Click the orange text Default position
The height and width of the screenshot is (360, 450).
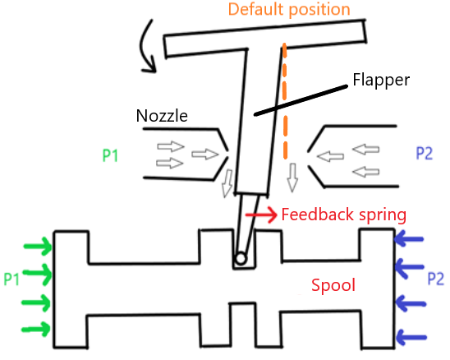pos(289,10)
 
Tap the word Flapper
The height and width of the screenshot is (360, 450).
pos(381,80)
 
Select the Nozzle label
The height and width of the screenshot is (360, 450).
pos(162,116)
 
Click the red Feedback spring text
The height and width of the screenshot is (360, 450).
pos(344,215)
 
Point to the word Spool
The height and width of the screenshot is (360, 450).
pos(333,285)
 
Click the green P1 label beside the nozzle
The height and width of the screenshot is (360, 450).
pos(111,155)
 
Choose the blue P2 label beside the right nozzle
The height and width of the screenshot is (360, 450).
pos(425,153)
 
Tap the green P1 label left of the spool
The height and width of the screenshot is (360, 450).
pos(11,279)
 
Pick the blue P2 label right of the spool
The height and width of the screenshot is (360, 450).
pos(436,279)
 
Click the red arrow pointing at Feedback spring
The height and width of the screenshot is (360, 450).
pos(261,215)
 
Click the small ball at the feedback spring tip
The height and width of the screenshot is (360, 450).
pos(241,259)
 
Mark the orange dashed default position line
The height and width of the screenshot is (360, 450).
pos(285,100)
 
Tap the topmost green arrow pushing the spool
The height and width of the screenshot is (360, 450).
pos(38,247)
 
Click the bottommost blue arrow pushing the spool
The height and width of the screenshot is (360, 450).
pos(411,337)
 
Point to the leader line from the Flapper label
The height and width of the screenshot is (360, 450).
pos(301,100)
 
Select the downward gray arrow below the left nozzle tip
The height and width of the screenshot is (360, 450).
pos(227,183)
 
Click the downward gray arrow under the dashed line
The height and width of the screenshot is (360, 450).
pos(292,178)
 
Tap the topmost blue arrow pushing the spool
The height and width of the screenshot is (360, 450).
pos(409,238)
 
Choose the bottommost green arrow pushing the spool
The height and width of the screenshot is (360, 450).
pos(36,329)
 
